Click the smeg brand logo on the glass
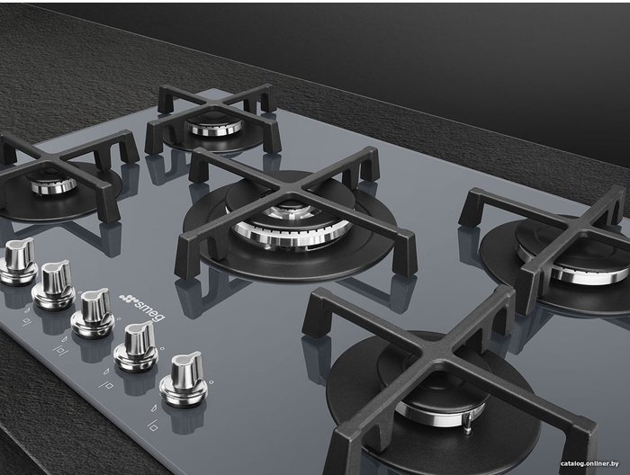[x=142, y=307]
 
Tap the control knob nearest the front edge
[x=184, y=380]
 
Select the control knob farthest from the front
[x=18, y=262]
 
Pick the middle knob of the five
[x=94, y=313]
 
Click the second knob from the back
[x=54, y=285]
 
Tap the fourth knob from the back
[x=137, y=345]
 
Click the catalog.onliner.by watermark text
[x=589, y=464]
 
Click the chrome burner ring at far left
[x=53, y=185]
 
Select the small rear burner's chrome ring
[x=214, y=127]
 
